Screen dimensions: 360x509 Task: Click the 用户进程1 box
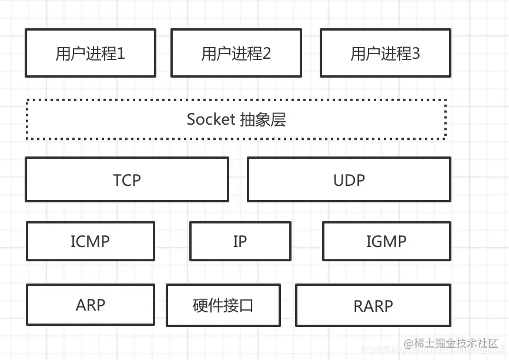[x=91, y=53]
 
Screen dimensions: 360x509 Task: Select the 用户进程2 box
[x=236, y=53]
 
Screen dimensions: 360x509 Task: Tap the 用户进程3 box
[x=386, y=53]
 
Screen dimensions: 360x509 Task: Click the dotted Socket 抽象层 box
[x=236, y=119]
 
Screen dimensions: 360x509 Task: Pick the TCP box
[x=127, y=179]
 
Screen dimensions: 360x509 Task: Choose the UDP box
[x=349, y=179]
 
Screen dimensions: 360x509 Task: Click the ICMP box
[x=91, y=241]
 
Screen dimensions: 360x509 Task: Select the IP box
[x=240, y=241]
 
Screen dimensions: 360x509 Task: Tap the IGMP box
[x=387, y=241]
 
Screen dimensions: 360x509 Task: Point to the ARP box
[x=91, y=305]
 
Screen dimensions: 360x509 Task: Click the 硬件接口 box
[x=223, y=305]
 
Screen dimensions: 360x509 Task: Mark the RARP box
[x=373, y=305]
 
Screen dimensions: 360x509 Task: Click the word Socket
[x=210, y=119]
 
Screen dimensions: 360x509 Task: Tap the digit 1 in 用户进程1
[x=122, y=54]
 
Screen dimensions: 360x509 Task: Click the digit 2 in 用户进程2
[x=267, y=54]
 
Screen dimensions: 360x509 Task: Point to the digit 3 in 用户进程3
[x=416, y=54]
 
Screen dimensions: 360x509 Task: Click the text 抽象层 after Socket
[x=263, y=119]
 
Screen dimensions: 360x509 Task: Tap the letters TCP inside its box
[x=127, y=180]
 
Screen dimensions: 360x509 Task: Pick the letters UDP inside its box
[x=349, y=180]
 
